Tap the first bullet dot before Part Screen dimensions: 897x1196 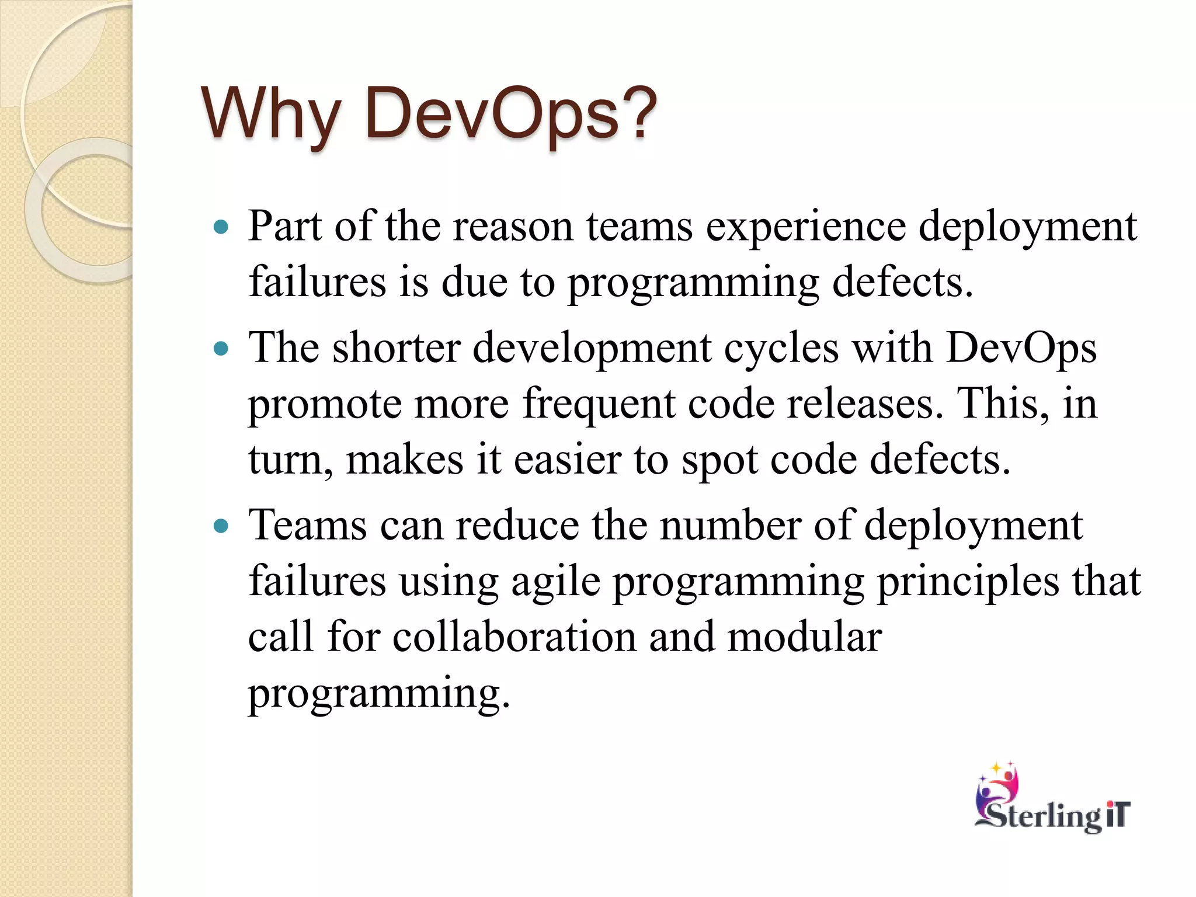(x=221, y=227)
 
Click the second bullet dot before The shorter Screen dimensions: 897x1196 (x=221, y=349)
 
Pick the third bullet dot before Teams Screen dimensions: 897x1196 (x=221, y=527)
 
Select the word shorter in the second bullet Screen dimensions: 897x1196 (x=397, y=349)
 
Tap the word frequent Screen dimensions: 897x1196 (x=598, y=404)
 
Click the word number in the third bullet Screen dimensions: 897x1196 (x=730, y=526)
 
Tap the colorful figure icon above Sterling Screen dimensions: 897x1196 (x=999, y=783)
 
